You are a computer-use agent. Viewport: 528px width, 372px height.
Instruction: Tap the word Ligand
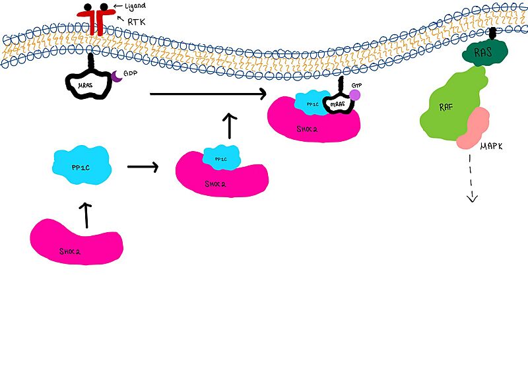tap(136, 7)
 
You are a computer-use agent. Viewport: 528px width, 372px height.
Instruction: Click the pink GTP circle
tap(354, 95)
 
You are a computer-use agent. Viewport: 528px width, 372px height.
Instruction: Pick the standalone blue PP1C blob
tap(81, 168)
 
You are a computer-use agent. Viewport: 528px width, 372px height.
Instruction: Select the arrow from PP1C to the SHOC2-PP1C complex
tap(143, 168)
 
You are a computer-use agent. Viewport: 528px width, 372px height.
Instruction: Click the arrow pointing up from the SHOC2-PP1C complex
tap(229, 126)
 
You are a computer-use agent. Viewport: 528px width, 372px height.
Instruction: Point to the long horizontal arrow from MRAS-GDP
tap(208, 94)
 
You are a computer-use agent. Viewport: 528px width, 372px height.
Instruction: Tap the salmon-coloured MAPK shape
tap(473, 128)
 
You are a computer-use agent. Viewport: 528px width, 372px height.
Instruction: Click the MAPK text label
tap(491, 146)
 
